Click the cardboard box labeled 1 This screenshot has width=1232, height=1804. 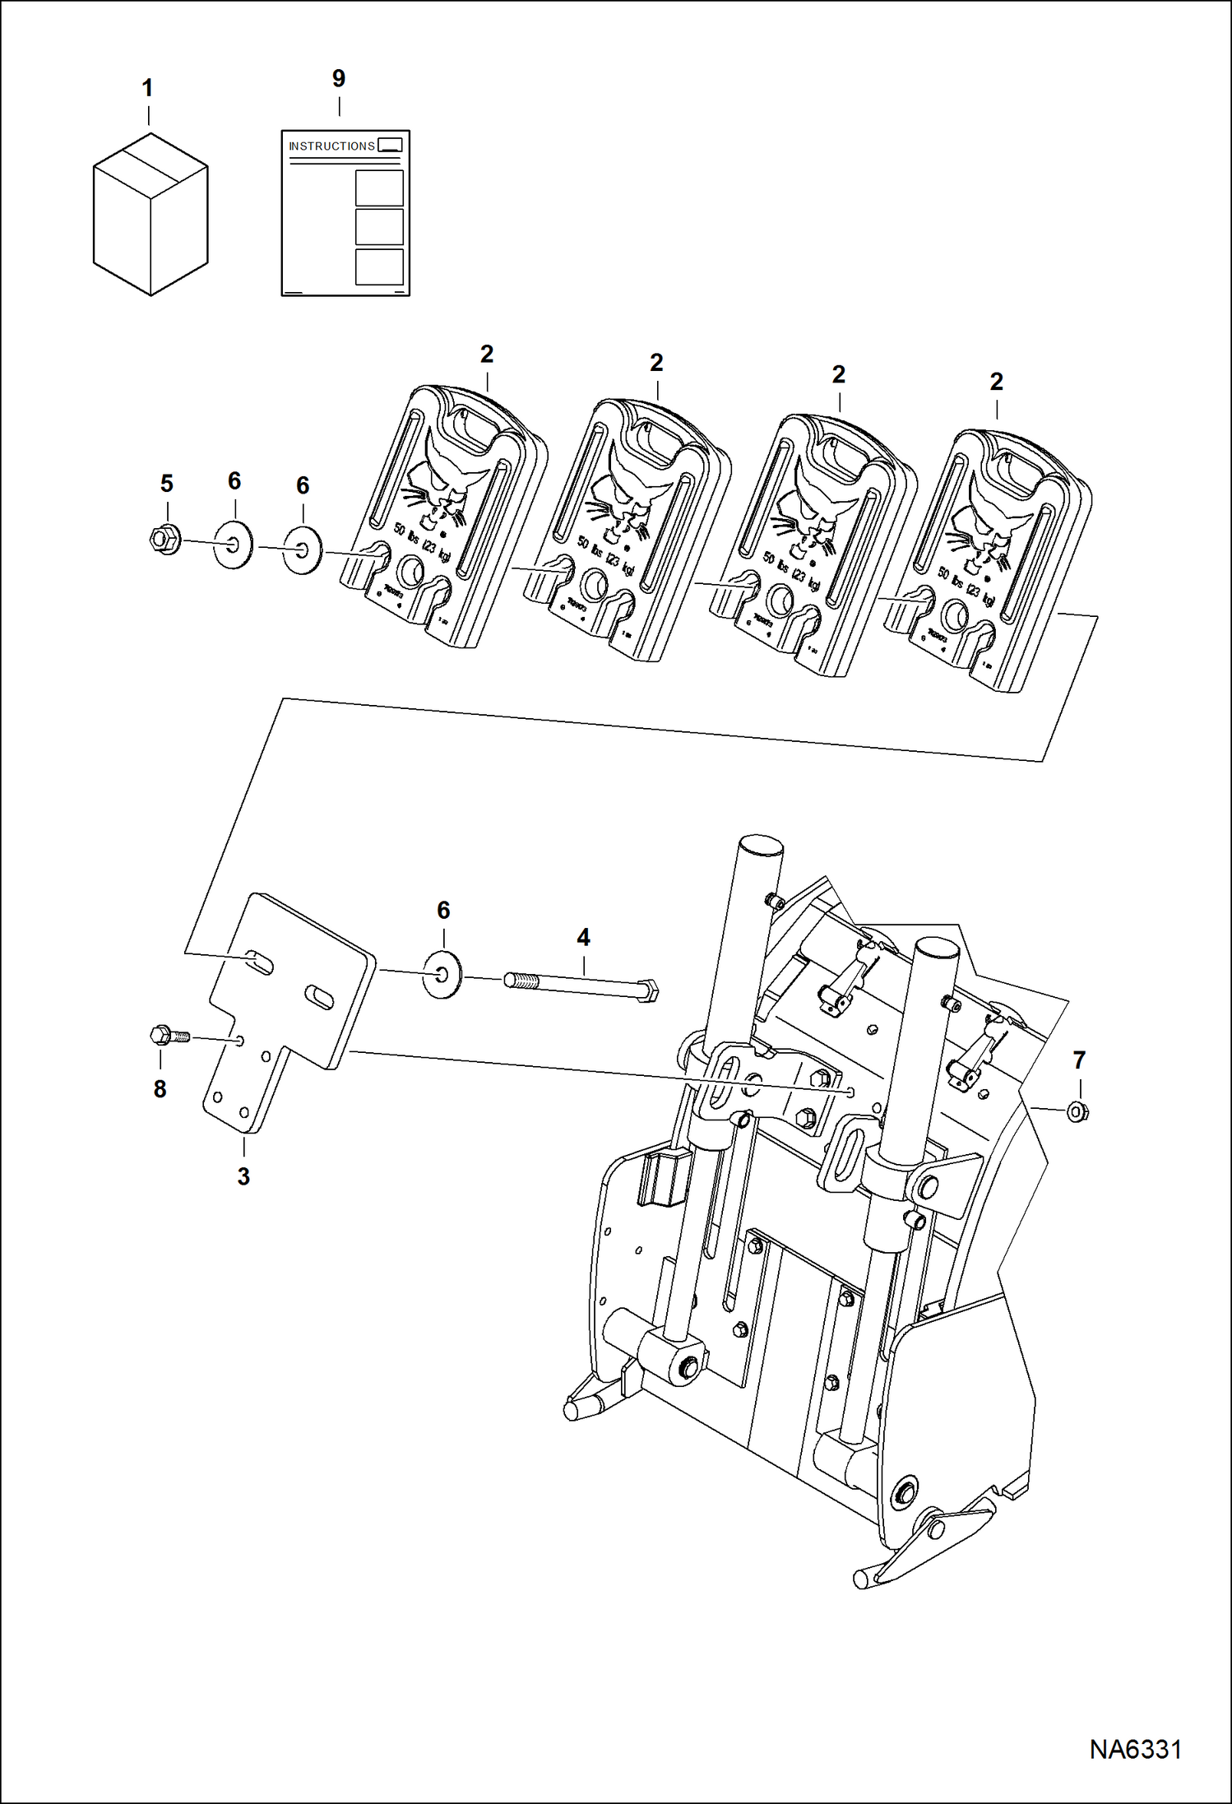tap(151, 216)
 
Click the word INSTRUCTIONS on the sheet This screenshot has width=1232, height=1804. tap(331, 146)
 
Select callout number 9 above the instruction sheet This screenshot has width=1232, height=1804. tap(339, 79)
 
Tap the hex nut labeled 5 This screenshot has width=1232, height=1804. tap(165, 540)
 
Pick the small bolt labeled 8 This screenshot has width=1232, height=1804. tap(169, 1036)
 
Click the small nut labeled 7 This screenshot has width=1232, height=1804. tap(1077, 1112)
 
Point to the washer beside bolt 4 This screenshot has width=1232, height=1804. tap(443, 975)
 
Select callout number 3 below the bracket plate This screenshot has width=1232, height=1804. tap(243, 1176)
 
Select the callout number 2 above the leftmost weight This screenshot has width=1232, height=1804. tap(487, 355)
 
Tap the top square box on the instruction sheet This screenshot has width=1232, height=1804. tap(379, 188)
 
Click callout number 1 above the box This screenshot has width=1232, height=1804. tap(148, 88)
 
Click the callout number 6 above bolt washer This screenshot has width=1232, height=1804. tap(443, 910)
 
